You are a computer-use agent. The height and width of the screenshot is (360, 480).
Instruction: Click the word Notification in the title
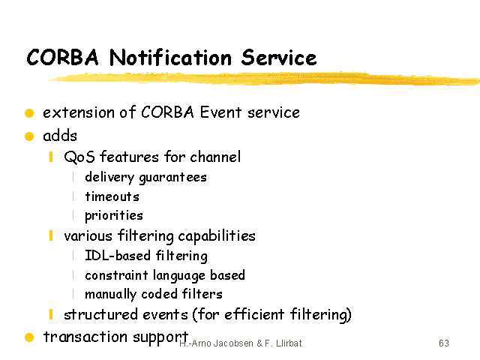(170, 58)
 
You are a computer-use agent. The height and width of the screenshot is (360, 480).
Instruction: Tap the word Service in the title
(279, 58)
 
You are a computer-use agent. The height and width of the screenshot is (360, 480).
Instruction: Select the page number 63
(444, 343)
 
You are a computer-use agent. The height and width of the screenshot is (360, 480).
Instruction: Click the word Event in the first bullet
(220, 112)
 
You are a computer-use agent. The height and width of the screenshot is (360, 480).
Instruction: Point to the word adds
(60, 136)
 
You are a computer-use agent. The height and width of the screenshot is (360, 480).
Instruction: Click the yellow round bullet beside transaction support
(29, 337)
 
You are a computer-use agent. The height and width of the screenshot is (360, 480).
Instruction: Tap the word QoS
(79, 157)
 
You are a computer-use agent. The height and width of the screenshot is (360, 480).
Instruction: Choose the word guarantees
(173, 178)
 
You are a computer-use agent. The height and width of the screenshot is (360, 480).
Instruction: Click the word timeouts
(112, 196)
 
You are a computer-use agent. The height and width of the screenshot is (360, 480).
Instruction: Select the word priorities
(114, 216)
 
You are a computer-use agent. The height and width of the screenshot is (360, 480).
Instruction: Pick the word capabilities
(217, 236)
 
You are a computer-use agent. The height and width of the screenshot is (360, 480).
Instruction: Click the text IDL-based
(118, 255)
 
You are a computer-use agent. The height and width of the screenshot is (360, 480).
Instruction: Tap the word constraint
(117, 275)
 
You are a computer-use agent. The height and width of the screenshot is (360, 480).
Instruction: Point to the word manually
(110, 294)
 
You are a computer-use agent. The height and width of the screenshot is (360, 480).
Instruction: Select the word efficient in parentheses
(254, 314)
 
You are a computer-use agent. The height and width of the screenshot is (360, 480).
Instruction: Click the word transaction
(85, 337)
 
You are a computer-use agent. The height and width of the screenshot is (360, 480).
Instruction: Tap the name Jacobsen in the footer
(233, 343)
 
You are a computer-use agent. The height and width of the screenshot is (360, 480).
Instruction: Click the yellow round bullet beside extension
(29, 113)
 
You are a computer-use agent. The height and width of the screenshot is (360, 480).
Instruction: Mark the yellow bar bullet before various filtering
(51, 235)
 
